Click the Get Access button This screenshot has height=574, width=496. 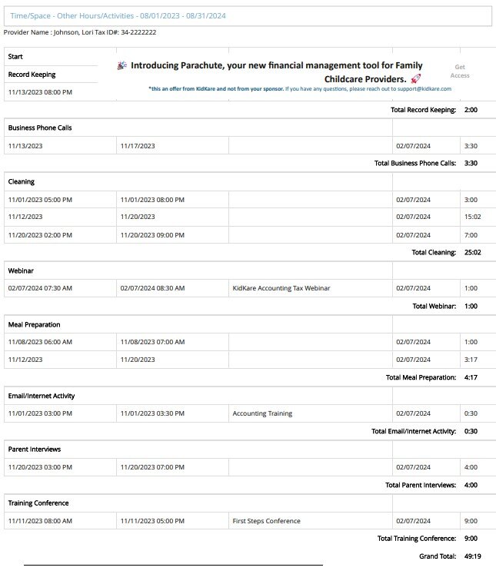tap(460, 71)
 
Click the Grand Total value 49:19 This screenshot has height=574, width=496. tap(473, 556)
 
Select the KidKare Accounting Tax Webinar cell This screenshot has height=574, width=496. tap(281, 288)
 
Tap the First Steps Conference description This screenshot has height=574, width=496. tap(266, 521)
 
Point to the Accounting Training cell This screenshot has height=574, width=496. tap(262, 413)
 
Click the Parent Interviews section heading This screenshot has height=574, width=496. tap(35, 449)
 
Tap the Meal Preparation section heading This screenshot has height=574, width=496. tap(34, 324)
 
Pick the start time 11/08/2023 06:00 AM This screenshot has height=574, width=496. tap(40, 342)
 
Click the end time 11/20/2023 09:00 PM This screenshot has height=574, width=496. tap(152, 234)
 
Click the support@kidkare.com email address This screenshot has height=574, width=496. tap(424, 89)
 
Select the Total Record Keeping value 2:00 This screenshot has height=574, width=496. tap(471, 110)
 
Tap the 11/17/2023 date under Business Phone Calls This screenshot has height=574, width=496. tap(138, 145)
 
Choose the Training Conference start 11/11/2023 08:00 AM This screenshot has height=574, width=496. tap(40, 521)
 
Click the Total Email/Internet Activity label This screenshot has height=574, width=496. tap(413, 431)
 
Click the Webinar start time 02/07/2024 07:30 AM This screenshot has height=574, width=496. tap(40, 288)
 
